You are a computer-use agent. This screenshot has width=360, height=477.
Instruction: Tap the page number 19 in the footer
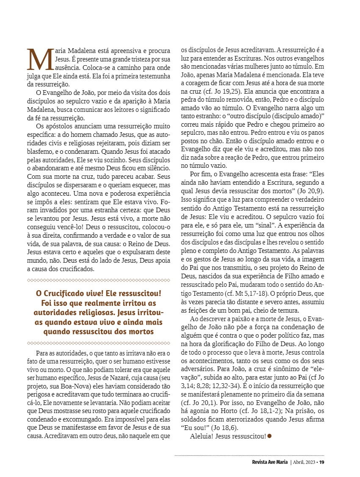322,462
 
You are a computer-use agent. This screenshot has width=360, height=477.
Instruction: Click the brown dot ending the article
269,435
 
